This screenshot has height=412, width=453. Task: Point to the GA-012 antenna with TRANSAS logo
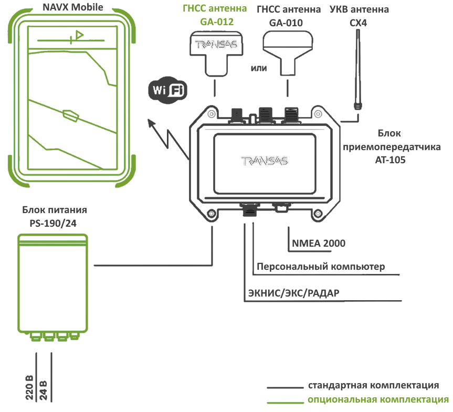point(217,52)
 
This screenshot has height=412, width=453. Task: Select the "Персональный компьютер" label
point(321,266)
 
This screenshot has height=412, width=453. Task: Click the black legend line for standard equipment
point(285,388)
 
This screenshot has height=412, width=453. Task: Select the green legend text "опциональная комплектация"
point(378,400)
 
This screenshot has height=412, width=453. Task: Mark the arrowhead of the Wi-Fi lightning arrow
point(151,123)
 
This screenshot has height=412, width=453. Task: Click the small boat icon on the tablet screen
point(70,114)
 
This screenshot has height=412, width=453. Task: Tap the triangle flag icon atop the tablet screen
point(79,35)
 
